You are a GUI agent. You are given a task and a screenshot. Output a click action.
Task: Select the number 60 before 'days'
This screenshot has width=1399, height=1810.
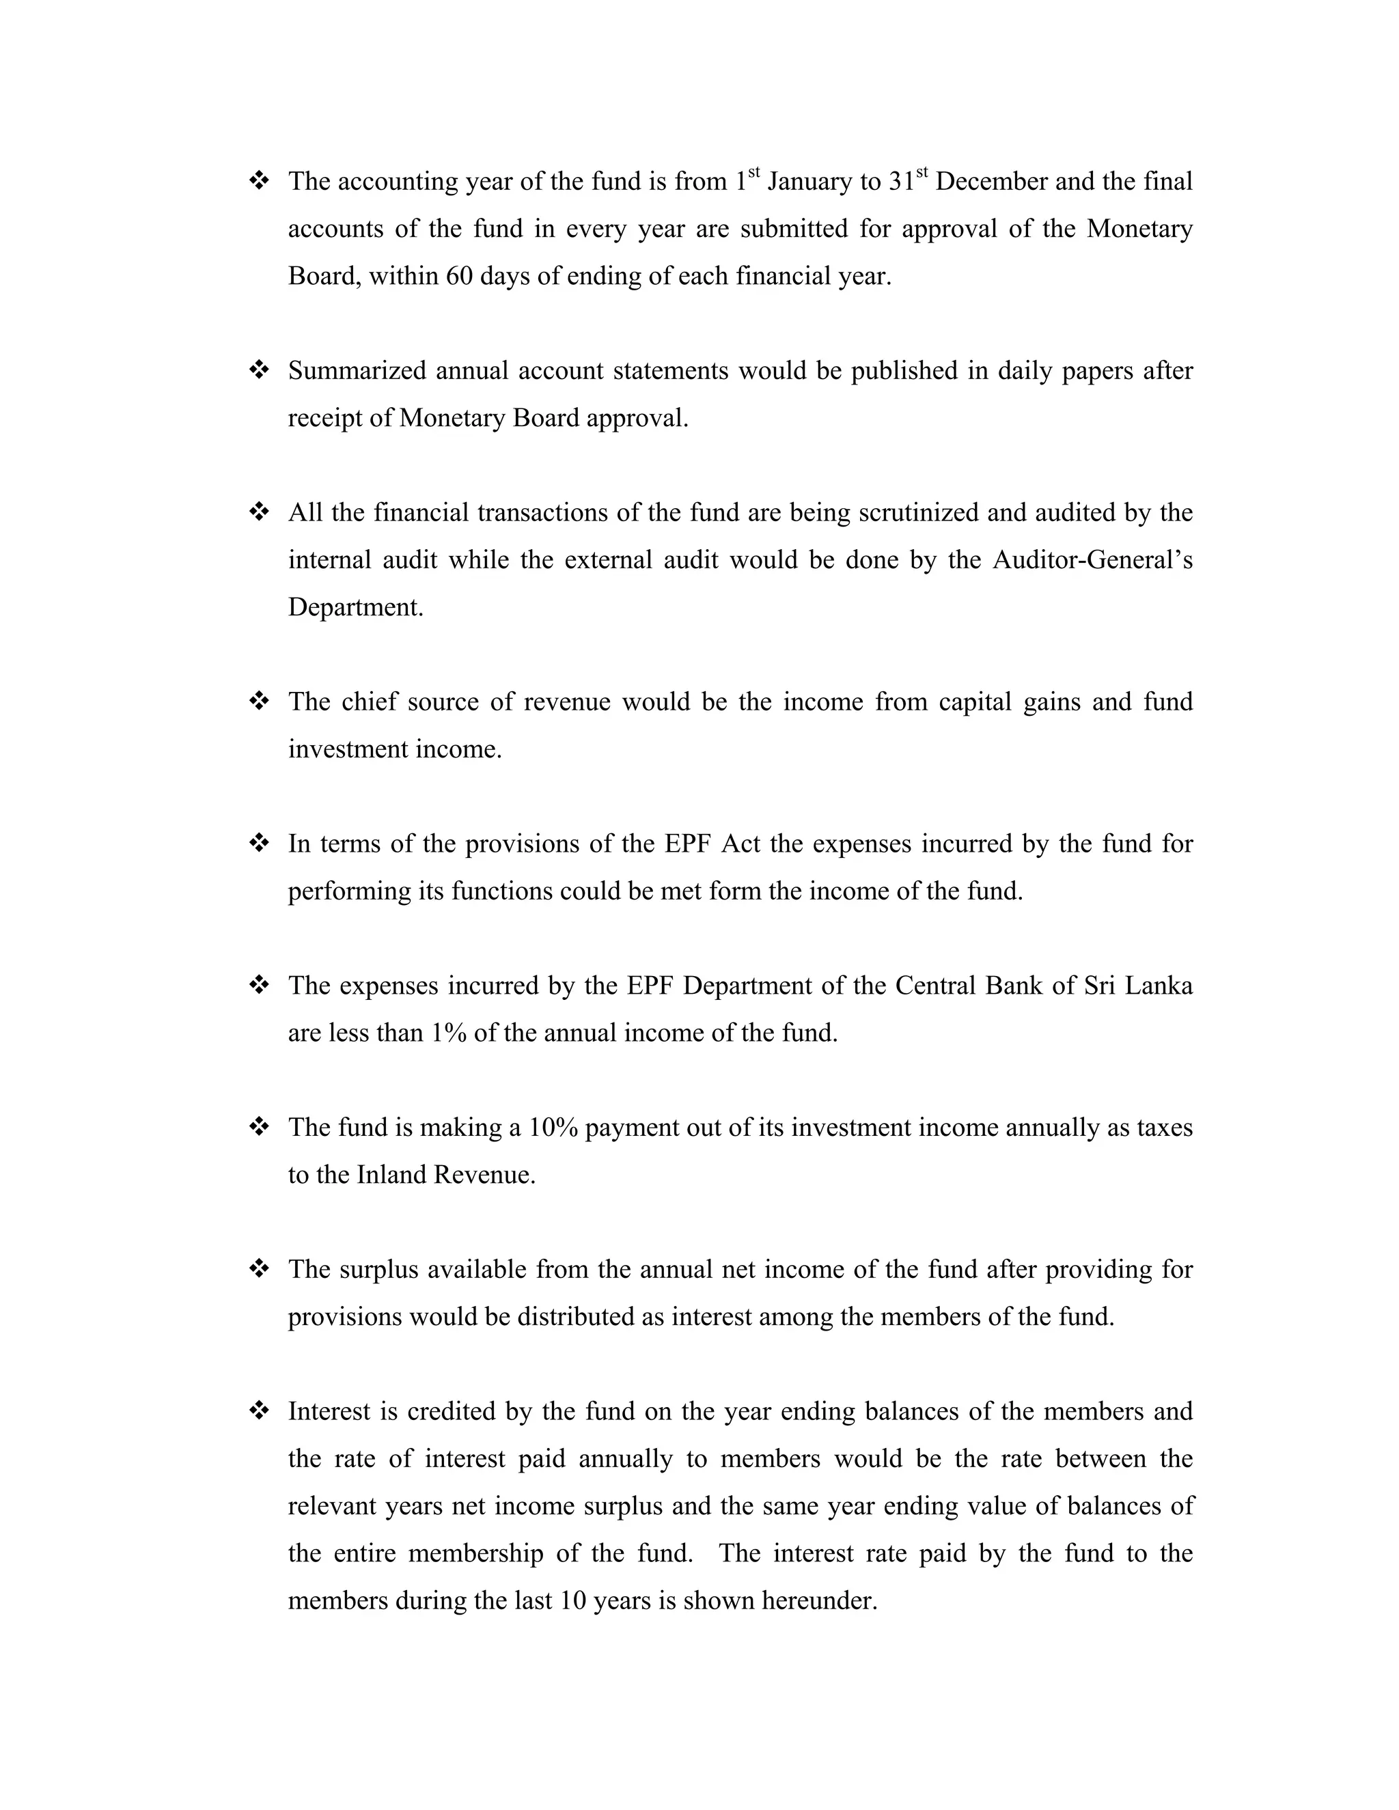click(x=458, y=276)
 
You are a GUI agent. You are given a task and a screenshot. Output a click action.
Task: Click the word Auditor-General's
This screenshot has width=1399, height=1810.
click(x=1092, y=560)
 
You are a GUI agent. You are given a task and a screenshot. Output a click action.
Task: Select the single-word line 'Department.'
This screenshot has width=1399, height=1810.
click(x=355, y=607)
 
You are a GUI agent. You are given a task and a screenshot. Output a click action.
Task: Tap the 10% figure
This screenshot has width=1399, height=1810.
click(x=553, y=1127)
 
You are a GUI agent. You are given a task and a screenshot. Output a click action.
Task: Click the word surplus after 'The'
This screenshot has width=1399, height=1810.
click(x=378, y=1269)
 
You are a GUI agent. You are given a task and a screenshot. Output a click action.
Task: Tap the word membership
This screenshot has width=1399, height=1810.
click(x=475, y=1553)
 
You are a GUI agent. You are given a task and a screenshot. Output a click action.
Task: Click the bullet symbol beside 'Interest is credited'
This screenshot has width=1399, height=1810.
click(x=259, y=1410)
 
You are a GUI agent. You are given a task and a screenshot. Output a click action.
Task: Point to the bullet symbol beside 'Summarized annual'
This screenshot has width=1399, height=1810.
click(x=259, y=370)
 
